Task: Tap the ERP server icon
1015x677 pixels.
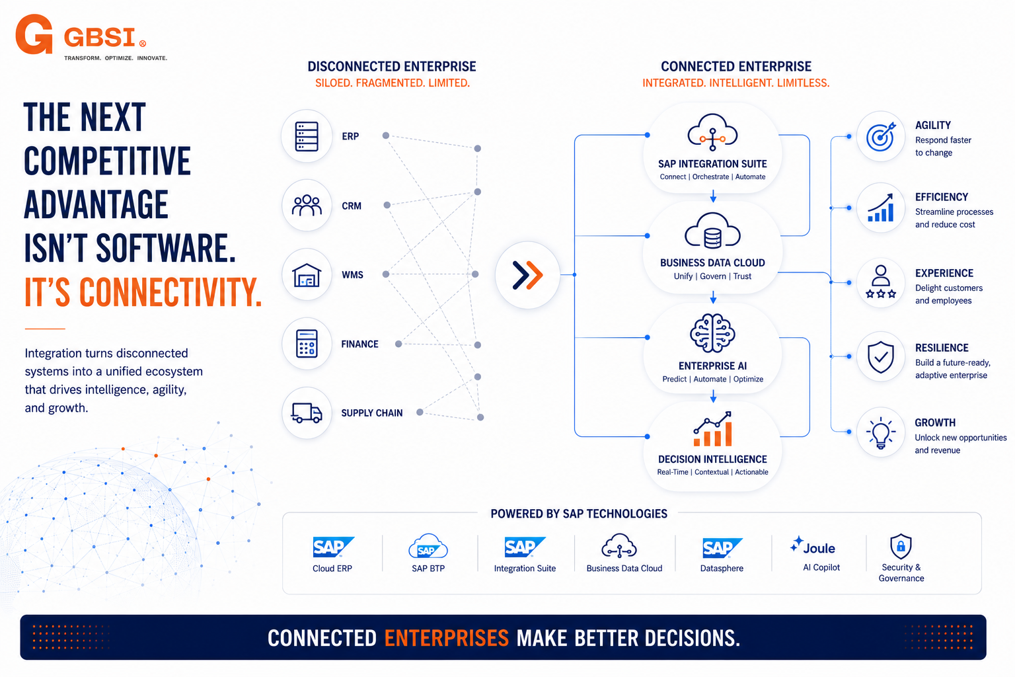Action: click(x=307, y=136)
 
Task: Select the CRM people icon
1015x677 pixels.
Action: click(x=307, y=205)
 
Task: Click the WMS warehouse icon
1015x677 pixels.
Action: click(x=307, y=275)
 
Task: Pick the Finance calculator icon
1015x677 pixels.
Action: click(x=307, y=344)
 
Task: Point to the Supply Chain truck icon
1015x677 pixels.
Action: click(x=307, y=413)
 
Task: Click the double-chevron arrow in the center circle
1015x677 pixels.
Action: click(x=527, y=275)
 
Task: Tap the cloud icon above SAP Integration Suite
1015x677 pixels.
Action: click(x=712, y=132)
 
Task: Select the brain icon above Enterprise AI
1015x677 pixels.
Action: click(x=712, y=333)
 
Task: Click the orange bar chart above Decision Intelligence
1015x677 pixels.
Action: click(x=712, y=429)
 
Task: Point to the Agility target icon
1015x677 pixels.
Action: click(x=881, y=136)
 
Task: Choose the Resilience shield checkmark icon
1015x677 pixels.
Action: click(x=881, y=357)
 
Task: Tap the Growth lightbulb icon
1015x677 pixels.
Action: click(x=880, y=433)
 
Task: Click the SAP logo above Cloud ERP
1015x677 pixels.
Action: click(x=334, y=547)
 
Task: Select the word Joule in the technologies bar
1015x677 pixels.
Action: click(x=819, y=548)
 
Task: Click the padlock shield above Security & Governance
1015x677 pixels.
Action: click(x=901, y=546)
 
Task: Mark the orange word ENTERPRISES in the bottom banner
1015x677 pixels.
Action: click(x=446, y=638)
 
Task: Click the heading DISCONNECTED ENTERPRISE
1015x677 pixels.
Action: click(x=392, y=67)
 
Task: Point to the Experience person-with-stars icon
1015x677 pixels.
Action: click(x=880, y=282)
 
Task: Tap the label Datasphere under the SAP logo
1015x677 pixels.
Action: click(x=722, y=568)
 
